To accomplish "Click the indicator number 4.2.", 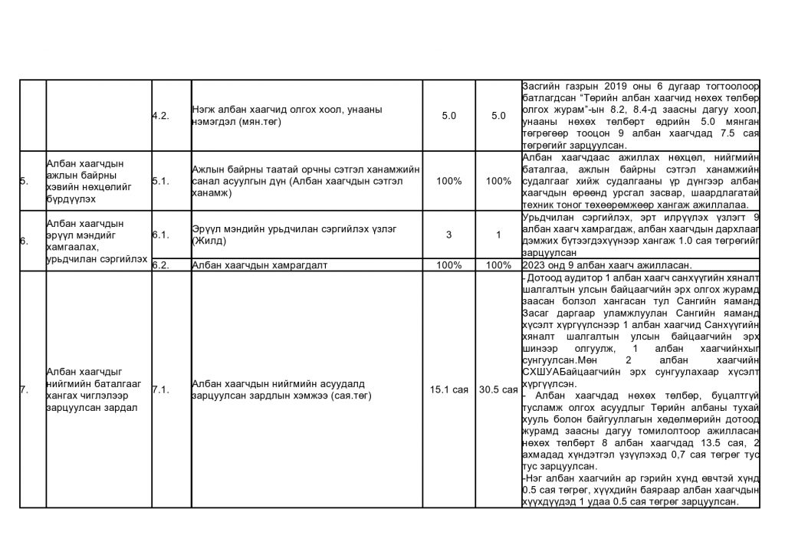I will click(x=160, y=116).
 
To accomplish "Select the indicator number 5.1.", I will click(x=160, y=181).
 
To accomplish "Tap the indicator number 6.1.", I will click(x=160, y=235).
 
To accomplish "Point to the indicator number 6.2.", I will click(x=160, y=265).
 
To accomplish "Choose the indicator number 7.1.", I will click(x=160, y=389).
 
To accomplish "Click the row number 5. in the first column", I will click(x=22, y=181).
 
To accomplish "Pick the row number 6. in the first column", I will click(x=22, y=241).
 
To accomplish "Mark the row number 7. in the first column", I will click(x=22, y=389).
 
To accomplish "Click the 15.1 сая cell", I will click(x=449, y=389).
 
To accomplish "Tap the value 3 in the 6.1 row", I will click(x=449, y=235).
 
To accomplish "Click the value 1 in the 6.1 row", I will click(x=498, y=235).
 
